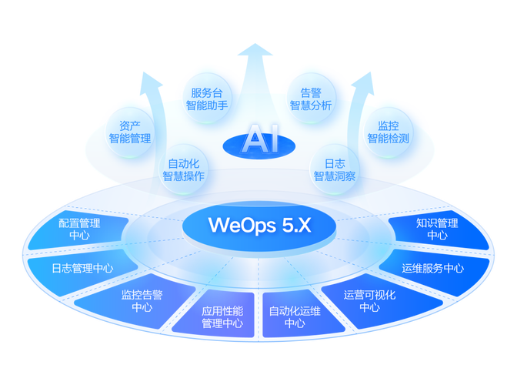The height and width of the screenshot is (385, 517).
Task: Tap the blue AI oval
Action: [x=259, y=146]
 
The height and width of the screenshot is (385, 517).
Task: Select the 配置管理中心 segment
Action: [x=78, y=229]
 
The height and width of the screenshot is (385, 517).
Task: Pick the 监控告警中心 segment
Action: [x=138, y=301]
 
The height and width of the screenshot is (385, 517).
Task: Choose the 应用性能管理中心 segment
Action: [x=218, y=315]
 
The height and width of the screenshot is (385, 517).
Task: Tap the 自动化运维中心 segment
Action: [x=299, y=315]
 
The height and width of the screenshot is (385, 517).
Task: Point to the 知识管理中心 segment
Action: [x=439, y=229]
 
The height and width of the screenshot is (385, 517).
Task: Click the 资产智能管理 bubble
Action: [x=129, y=132]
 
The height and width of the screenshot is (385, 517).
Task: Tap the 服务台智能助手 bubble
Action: [x=207, y=99]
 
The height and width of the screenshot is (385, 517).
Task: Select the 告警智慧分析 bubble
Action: [x=311, y=99]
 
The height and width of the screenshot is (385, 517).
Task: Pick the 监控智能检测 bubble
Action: [x=388, y=132]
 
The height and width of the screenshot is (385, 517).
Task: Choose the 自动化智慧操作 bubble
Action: [x=184, y=169]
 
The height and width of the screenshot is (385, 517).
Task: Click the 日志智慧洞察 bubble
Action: [x=335, y=169]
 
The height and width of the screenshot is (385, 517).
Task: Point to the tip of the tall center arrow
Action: [x=255, y=44]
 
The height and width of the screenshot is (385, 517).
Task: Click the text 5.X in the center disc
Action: [x=296, y=226]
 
